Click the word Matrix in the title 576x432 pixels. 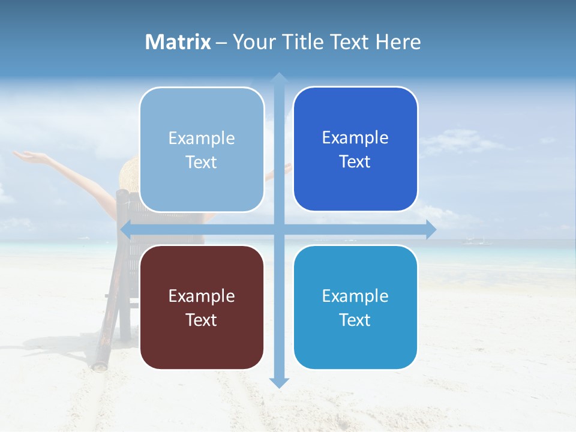(x=178, y=42)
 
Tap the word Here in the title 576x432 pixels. (x=398, y=42)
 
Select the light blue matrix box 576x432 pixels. (x=202, y=149)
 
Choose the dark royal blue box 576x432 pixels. (x=355, y=149)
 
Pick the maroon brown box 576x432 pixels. (x=202, y=307)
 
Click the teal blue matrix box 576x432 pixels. (x=355, y=307)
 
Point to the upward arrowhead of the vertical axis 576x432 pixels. (x=278, y=77)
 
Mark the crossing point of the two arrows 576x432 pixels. (x=278, y=229)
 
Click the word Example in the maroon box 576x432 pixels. (x=202, y=296)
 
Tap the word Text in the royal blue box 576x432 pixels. (x=355, y=162)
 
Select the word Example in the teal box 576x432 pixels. (x=355, y=296)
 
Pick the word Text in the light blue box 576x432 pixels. (x=202, y=162)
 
